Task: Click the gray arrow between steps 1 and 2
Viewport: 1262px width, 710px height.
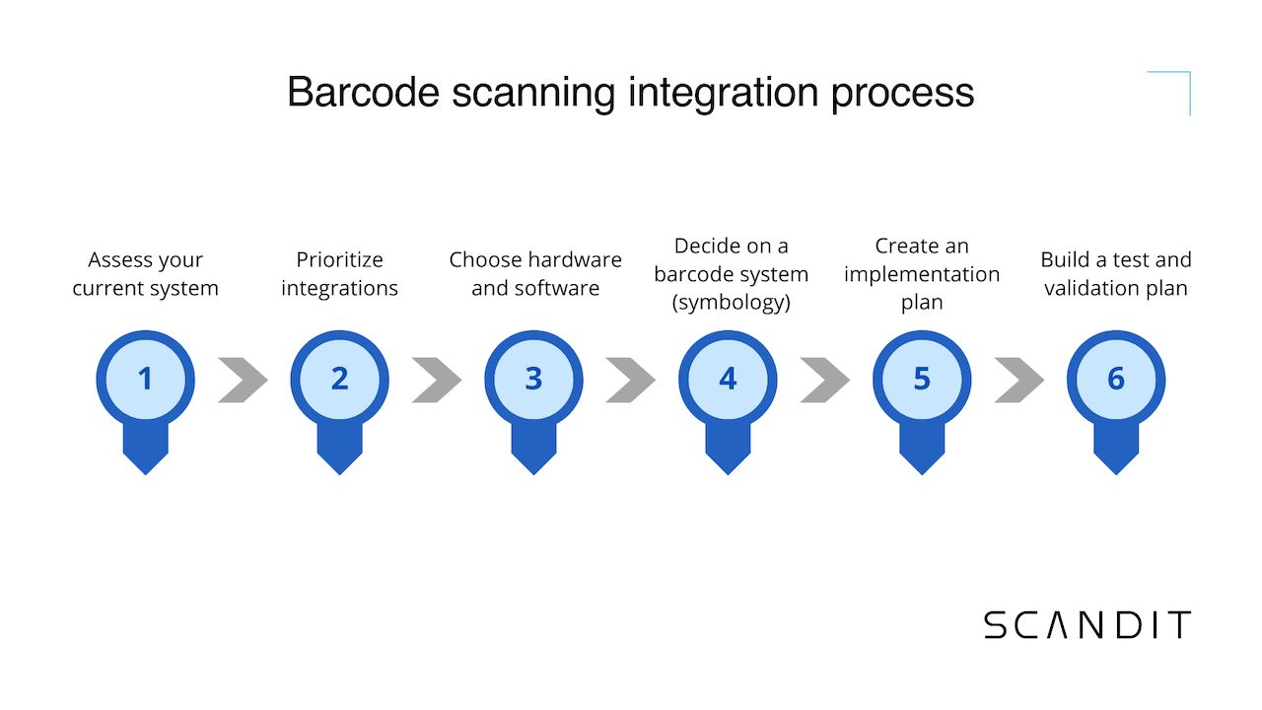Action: pos(243,380)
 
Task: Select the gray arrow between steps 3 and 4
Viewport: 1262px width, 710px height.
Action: pos(631,380)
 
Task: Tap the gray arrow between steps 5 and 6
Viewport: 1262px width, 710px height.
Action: pos(1019,380)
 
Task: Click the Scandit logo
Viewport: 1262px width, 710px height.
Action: pos(1087,625)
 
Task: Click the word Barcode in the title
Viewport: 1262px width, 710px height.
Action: pos(361,93)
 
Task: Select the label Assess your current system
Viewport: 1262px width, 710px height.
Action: pos(145,274)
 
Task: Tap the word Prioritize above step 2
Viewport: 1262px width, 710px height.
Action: pos(339,260)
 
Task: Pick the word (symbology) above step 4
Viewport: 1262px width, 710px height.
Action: pos(731,303)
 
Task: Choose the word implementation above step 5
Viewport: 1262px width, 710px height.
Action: pos(922,274)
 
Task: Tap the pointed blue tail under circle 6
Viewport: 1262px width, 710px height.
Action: pos(1116,454)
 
